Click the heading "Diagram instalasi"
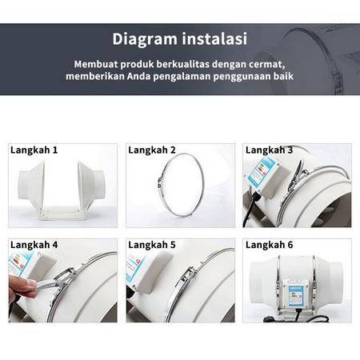coord(179,38)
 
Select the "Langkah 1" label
coord(34,150)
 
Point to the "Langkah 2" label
coord(152,150)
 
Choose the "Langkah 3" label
coord(269,150)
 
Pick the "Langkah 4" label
coord(34,244)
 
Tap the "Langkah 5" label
coord(152,244)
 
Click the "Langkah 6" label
coord(269,244)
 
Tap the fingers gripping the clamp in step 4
coord(22,285)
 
